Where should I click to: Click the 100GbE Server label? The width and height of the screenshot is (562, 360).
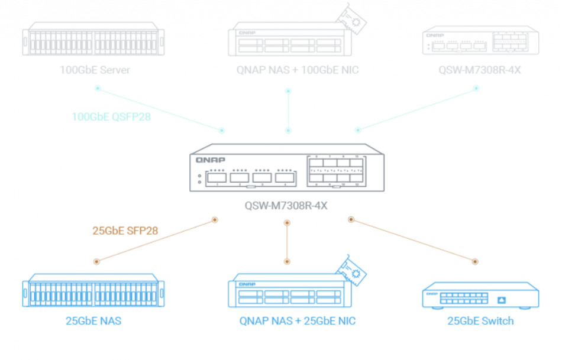95,70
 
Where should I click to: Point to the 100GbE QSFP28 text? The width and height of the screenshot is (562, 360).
111,117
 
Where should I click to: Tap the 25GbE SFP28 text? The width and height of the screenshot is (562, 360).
125,231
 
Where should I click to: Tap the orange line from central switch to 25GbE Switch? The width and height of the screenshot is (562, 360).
413,240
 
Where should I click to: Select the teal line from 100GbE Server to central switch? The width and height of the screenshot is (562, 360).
160,109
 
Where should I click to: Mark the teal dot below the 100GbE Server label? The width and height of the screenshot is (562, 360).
98,89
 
